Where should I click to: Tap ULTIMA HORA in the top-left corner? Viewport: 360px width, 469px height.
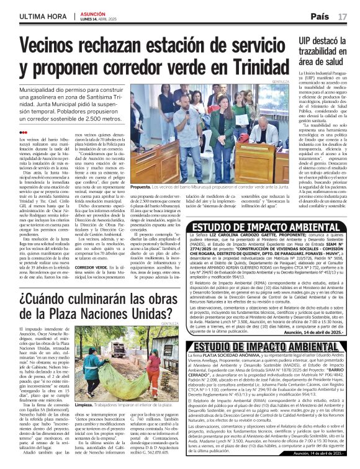pos(43,16)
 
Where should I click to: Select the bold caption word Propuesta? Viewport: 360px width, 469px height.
pos(140,186)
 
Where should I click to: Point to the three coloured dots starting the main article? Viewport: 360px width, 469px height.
pos(24,132)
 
